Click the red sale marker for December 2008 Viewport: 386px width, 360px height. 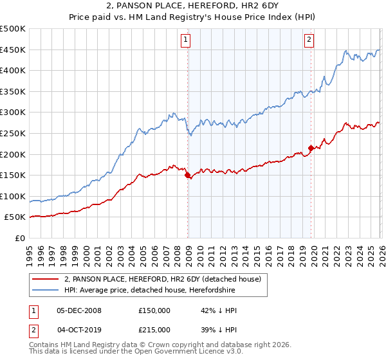point(187,175)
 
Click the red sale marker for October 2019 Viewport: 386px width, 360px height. point(311,148)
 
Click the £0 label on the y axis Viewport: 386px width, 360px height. point(19,238)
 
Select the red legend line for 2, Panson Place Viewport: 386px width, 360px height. point(46,279)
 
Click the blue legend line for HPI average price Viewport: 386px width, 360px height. point(46,290)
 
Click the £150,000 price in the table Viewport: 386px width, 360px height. point(154,310)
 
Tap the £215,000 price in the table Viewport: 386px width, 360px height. point(154,329)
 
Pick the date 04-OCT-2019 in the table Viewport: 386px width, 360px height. point(79,329)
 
